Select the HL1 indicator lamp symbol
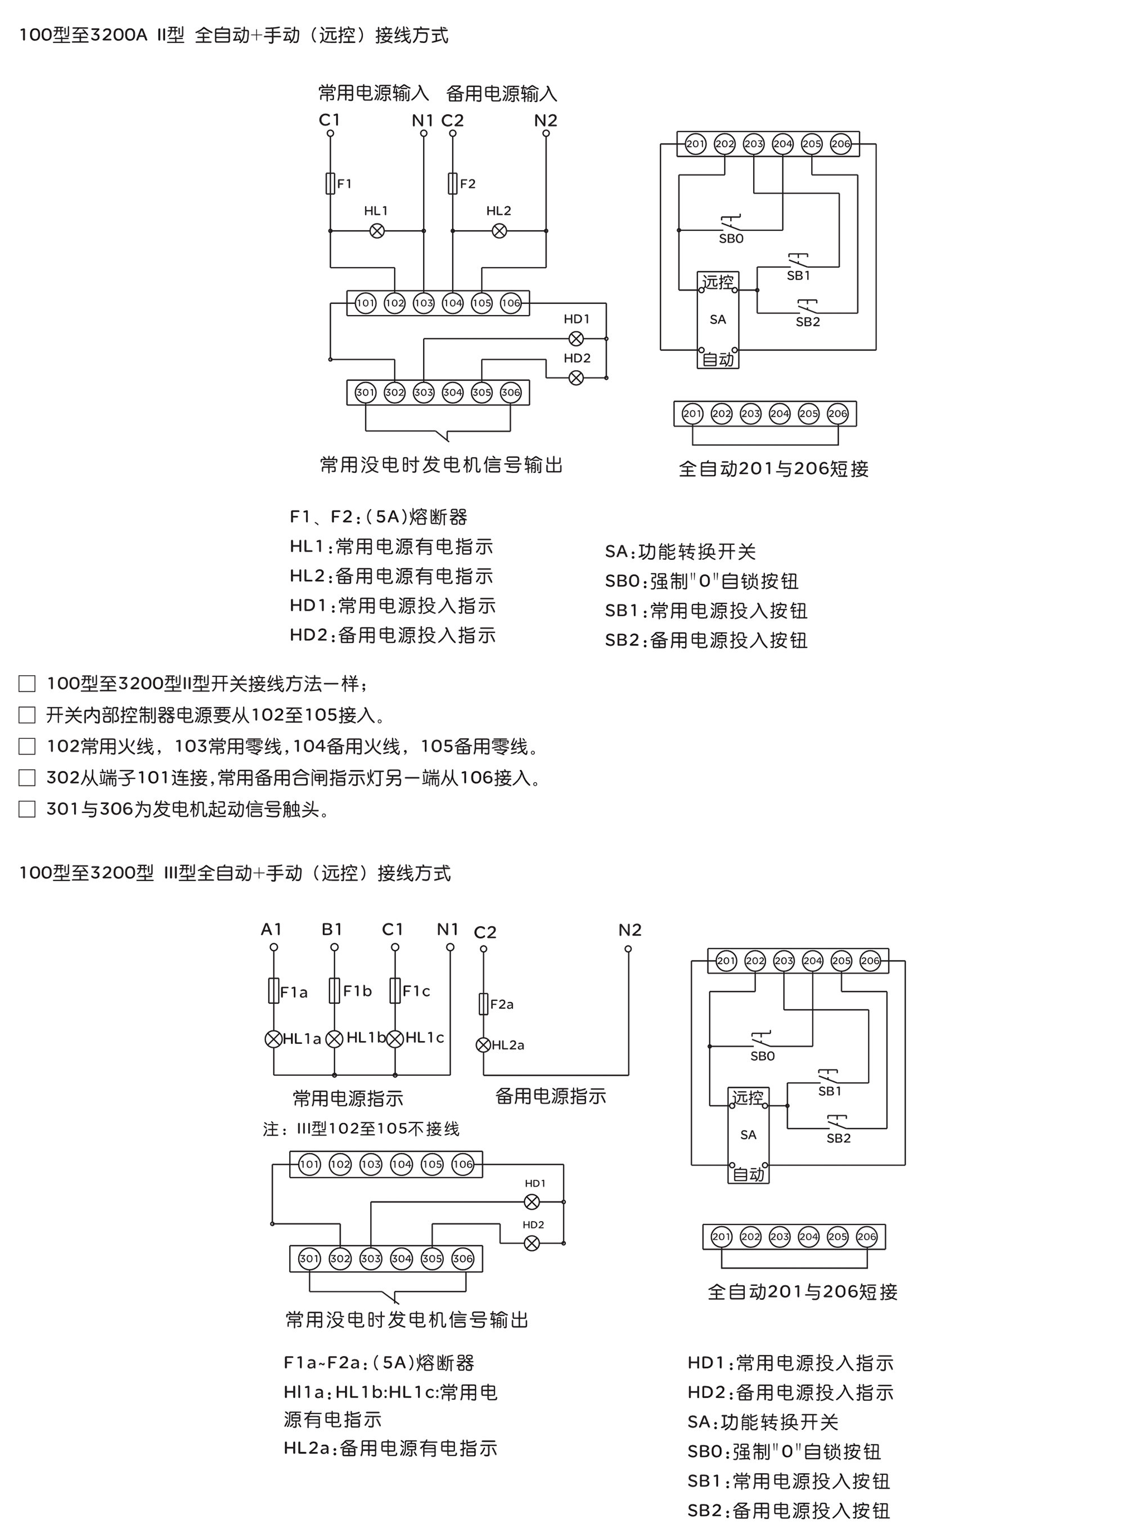pos(376,231)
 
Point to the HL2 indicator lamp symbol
pos(499,231)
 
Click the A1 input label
pos(272,929)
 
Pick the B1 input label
pos(332,929)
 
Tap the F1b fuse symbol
pos(334,990)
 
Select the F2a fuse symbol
pos(484,1003)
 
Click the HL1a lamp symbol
pos(274,1039)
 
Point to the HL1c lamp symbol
pos(395,1039)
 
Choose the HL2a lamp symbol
pos(484,1044)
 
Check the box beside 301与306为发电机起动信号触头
pos(27,809)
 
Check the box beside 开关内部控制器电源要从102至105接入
pos(27,715)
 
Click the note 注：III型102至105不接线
pos(362,1129)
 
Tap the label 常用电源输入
pos(374,93)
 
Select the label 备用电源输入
pos(502,93)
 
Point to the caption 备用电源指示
pos(551,1096)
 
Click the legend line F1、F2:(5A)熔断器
pos(379,517)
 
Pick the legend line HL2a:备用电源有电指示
pos(391,1448)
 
